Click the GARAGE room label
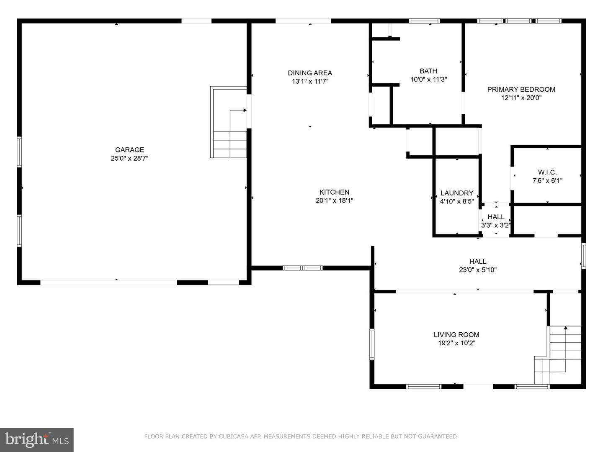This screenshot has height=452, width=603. point(129,150)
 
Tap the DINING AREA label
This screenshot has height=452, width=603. point(310,73)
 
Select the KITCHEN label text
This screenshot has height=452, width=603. point(334,192)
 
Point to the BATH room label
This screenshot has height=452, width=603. point(428,71)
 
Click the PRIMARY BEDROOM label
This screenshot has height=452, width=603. point(521,90)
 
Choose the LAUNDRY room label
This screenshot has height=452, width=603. point(457,193)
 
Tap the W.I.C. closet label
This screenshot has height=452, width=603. point(547,172)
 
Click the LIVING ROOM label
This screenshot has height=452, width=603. point(456,335)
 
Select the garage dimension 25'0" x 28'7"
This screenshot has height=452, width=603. point(129,158)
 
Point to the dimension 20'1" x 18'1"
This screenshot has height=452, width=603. point(334,200)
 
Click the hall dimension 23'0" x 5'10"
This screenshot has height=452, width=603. point(478,270)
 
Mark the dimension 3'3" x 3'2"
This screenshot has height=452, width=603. point(496,225)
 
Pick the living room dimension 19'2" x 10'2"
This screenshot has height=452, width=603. point(456,343)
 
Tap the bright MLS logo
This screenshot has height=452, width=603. point(37,439)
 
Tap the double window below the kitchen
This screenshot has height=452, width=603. point(302,268)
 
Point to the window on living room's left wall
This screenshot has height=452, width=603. point(372,344)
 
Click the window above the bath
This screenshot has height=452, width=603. point(424,21)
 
